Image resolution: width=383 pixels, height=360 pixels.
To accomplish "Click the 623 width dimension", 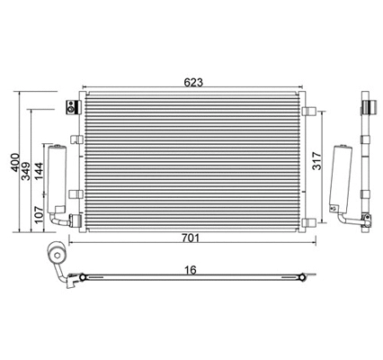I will point(194,83).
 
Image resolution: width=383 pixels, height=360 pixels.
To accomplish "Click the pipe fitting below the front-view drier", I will point(64,219).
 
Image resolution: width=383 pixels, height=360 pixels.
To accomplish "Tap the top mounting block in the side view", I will point(366,106).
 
